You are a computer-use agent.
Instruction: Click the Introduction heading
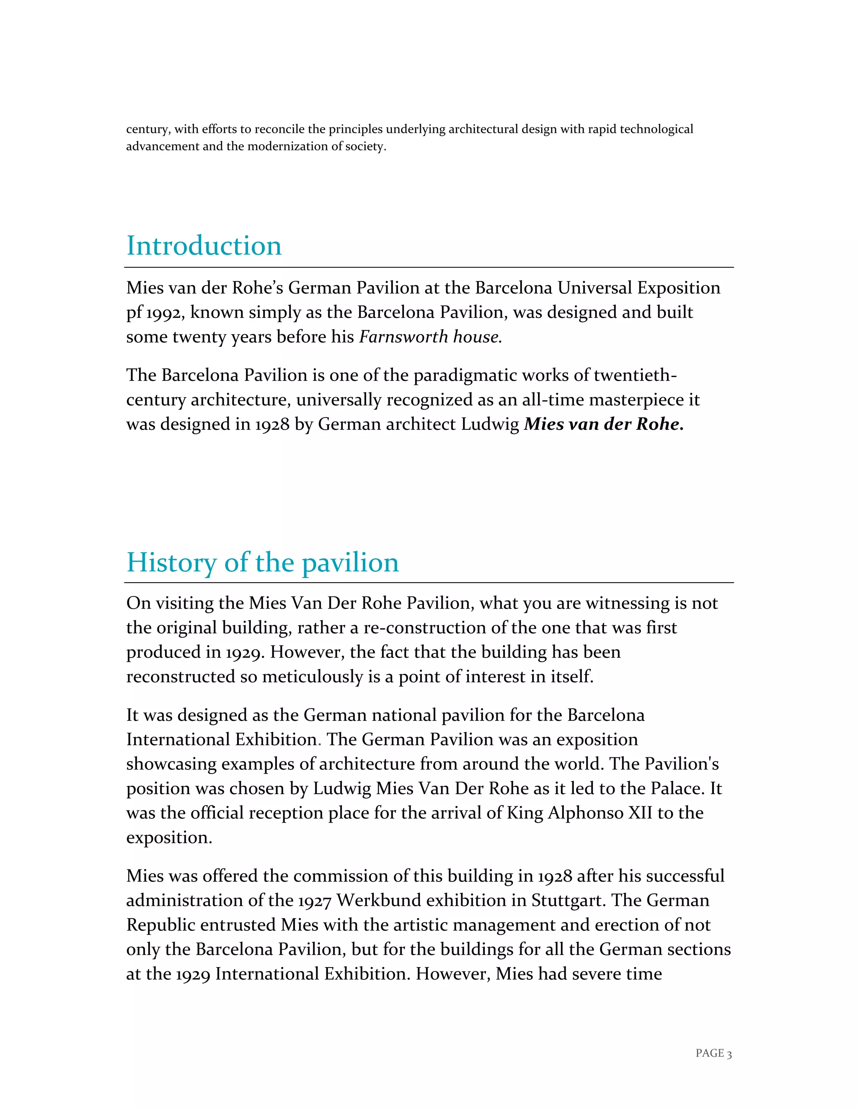204,246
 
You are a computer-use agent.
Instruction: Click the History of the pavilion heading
262,563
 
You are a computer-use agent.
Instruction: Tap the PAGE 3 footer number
713,1053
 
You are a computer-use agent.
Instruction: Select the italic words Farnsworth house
430,337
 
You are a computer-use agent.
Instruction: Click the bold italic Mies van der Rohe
603,424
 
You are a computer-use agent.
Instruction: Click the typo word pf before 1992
134,313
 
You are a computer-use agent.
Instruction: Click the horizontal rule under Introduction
429,267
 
